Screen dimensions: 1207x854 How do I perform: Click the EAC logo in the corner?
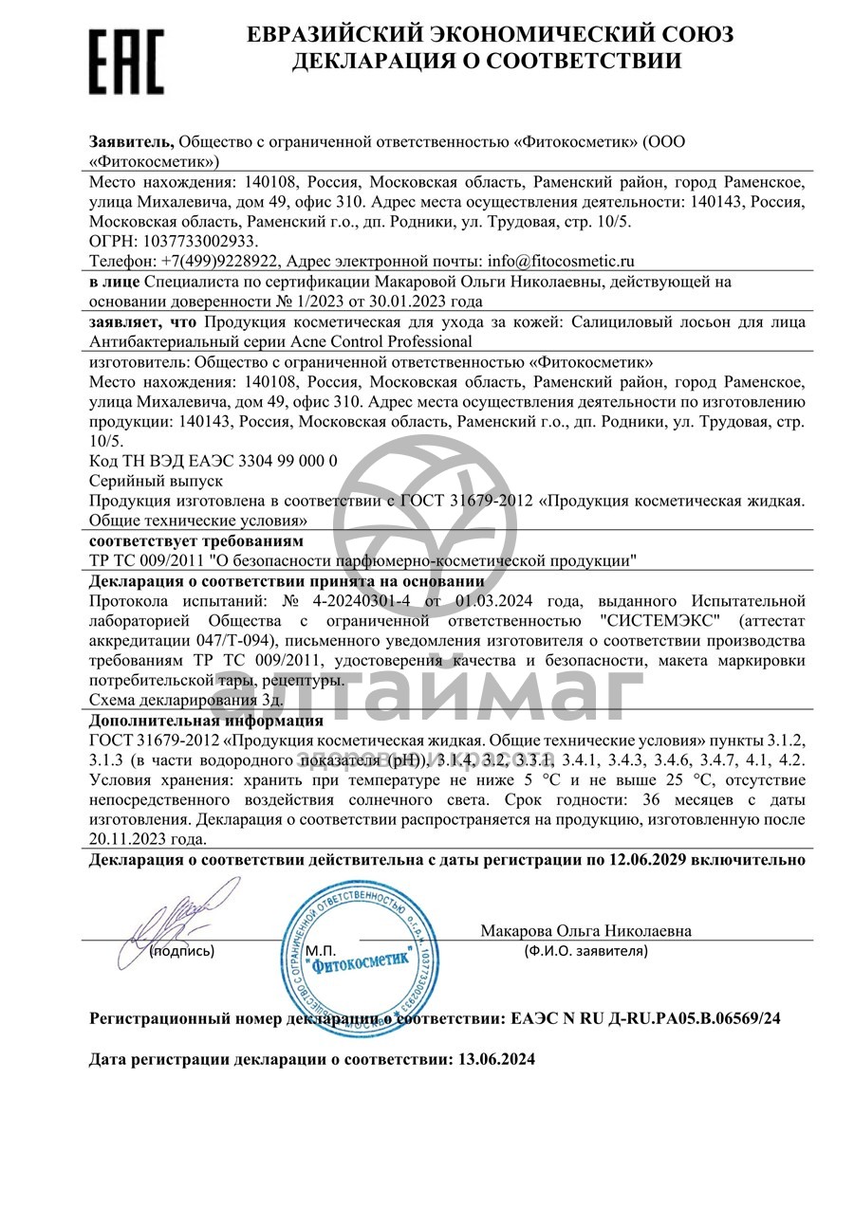[x=126, y=61]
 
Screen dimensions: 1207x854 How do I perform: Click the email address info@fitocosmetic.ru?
[x=560, y=260]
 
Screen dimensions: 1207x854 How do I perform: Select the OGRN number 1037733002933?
[x=196, y=241]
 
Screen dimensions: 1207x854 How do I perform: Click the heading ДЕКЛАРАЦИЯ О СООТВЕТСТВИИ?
[x=487, y=61]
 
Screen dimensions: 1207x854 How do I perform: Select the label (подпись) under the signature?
[x=181, y=950]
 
